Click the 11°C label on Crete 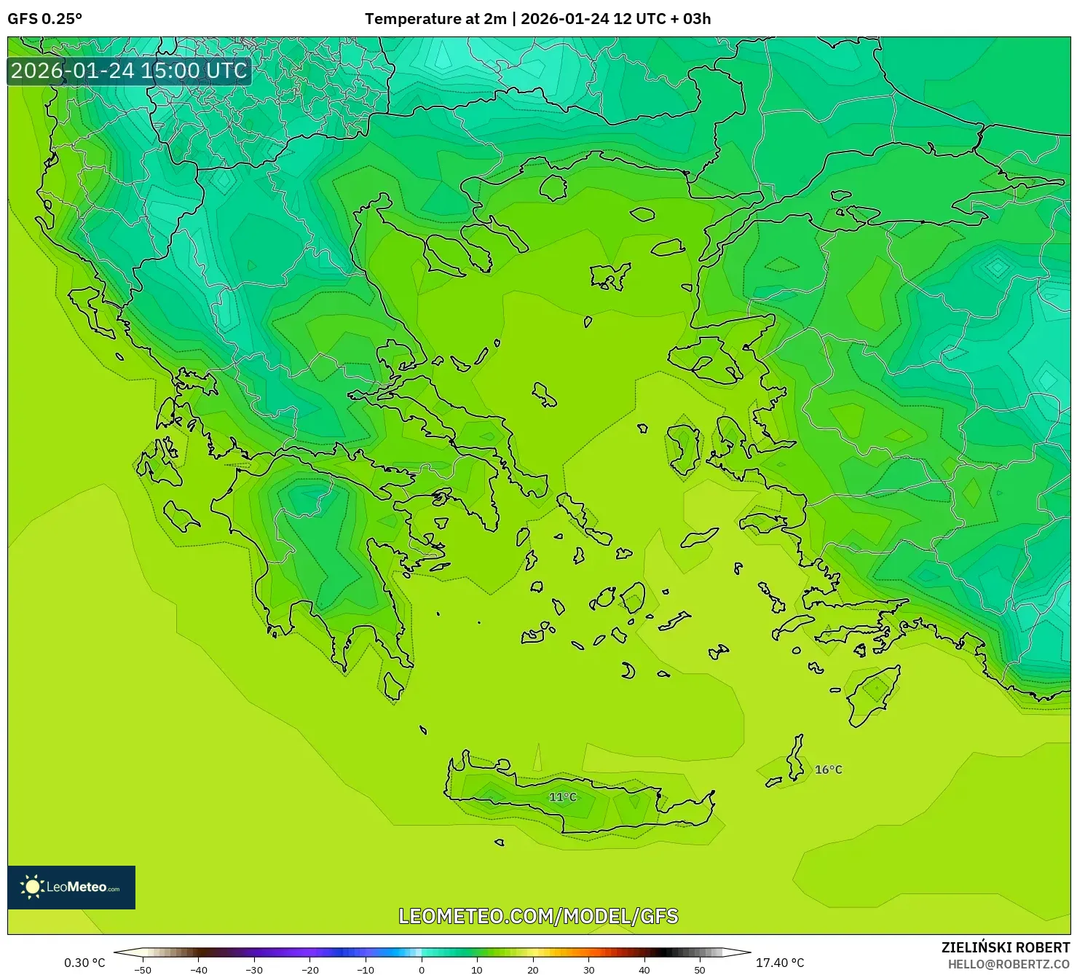[x=562, y=796]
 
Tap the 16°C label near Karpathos [x=828, y=770]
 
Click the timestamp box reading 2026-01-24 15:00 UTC [x=129, y=71]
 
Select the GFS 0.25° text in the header [x=44, y=19]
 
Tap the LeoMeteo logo [x=71, y=887]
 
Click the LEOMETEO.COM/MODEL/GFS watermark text [x=538, y=916]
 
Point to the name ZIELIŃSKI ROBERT [x=1005, y=947]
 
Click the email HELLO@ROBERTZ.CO [x=1008, y=964]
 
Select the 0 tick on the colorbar [x=422, y=969]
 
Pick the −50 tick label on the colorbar [x=143, y=969]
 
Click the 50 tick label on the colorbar [x=700, y=969]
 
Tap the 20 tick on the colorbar [x=533, y=969]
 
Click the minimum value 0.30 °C [x=84, y=963]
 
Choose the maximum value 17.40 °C [x=780, y=963]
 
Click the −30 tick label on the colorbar [x=254, y=969]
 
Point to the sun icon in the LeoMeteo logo [x=32, y=887]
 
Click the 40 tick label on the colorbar [x=644, y=969]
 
